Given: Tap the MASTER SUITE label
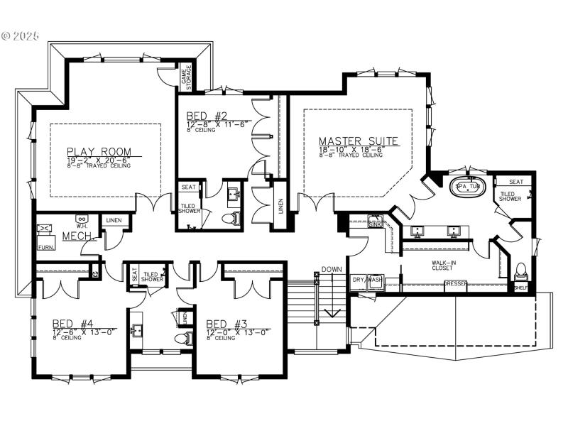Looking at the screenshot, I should click(358, 141).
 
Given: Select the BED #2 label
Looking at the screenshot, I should click(207, 116).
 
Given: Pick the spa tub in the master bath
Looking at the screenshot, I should click(469, 187).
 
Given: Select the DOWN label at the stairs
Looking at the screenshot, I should click(332, 270).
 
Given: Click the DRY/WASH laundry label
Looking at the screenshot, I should click(367, 280).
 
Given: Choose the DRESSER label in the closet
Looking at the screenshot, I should click(455, 284).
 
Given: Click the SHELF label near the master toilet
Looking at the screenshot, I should click(521, 288).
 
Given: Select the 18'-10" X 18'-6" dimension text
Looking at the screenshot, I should click(358, 150).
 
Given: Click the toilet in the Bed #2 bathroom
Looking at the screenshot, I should click(229, 218).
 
